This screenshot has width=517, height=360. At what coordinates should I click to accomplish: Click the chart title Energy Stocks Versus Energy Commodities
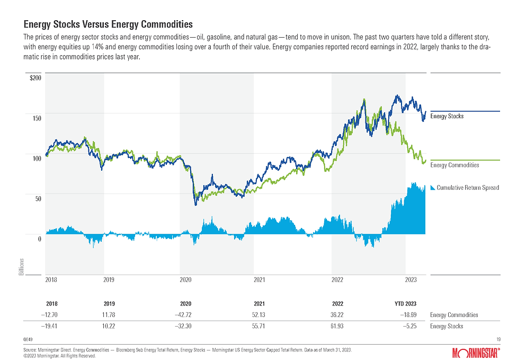click(x=108, y=24)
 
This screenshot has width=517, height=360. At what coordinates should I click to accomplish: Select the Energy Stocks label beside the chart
click(x=447, y=116)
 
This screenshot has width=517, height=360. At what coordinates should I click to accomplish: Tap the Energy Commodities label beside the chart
click(x=454, y=165)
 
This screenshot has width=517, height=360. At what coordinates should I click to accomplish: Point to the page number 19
click(x=498, y=339)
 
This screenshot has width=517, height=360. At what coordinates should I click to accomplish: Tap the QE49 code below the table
click(x=28, y=338)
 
